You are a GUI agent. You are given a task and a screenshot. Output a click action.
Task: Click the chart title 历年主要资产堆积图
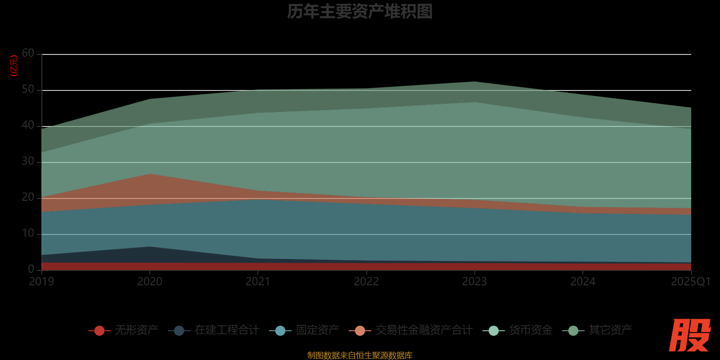pos(360,12)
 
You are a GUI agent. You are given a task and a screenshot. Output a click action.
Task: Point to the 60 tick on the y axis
pos(28,54)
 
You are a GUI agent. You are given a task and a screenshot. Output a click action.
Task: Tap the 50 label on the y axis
pos(28,90)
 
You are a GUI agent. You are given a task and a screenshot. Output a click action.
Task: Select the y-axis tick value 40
pos(28,126)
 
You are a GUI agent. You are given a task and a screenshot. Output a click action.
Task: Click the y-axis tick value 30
pos(28,162)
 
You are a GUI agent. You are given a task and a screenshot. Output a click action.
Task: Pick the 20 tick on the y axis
pos(28,198)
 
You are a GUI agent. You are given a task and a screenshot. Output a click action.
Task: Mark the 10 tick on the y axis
pos(28,234)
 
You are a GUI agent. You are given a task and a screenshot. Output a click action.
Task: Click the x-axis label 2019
pos(41,282)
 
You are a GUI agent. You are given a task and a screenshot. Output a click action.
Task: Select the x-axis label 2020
pos(150,282)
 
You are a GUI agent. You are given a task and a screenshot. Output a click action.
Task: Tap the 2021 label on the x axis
pos(258,282)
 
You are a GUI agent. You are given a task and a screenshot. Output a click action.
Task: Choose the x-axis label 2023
pos(474,282)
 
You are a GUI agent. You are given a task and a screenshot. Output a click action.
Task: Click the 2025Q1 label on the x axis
pos(690,282)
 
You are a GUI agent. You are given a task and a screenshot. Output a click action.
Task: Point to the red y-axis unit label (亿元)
pos(14,66)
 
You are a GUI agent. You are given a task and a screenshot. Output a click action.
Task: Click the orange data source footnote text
pos(360,355)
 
